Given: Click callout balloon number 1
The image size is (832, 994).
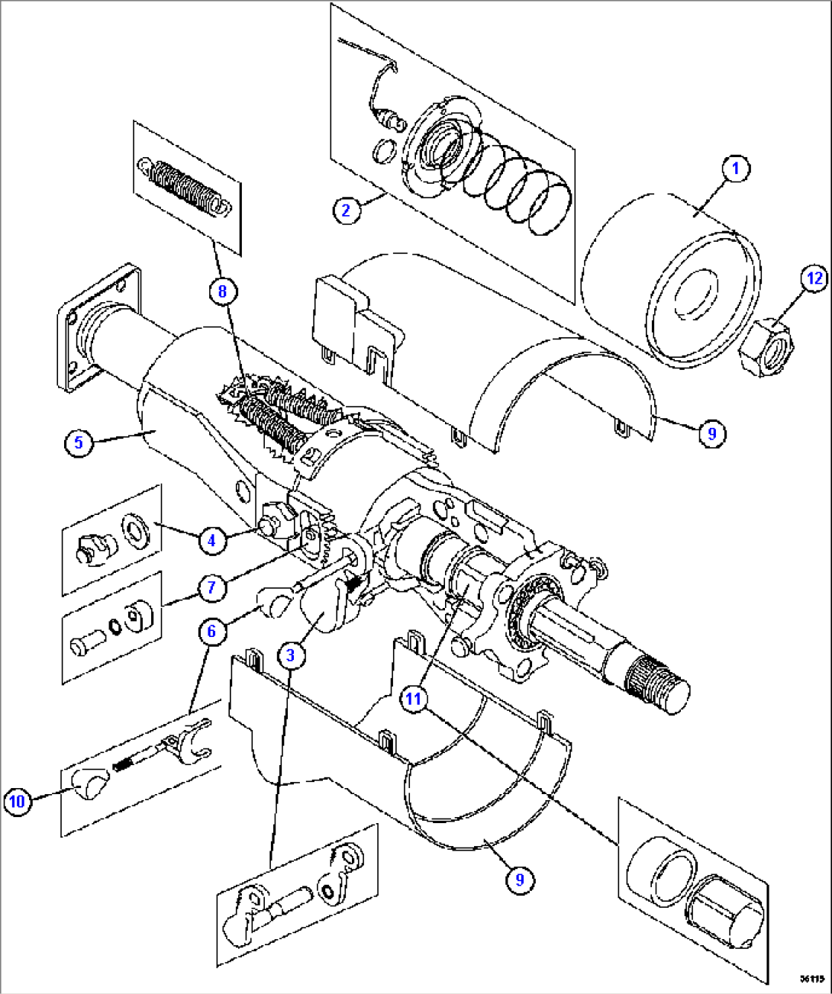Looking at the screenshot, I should (735, 169).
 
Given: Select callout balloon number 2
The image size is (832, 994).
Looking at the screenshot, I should (346, 209).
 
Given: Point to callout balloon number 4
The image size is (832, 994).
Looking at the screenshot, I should (211, 541).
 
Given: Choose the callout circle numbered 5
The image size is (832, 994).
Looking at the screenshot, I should (78, 442).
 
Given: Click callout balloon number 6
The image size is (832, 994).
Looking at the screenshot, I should (211, 631).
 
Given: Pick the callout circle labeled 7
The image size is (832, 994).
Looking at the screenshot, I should (211, 587).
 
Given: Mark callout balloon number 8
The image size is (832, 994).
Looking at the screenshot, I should (222, 291).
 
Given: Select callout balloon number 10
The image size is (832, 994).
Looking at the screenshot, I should (17, 801).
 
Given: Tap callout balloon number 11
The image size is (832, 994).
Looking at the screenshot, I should (413, 698).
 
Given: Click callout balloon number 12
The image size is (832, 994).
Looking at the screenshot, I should (814, 278).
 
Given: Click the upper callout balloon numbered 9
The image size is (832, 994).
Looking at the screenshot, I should (711, 433).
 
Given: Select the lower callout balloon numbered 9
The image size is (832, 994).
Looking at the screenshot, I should (520, 880).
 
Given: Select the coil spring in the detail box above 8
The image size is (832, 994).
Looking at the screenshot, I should (183, 186).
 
